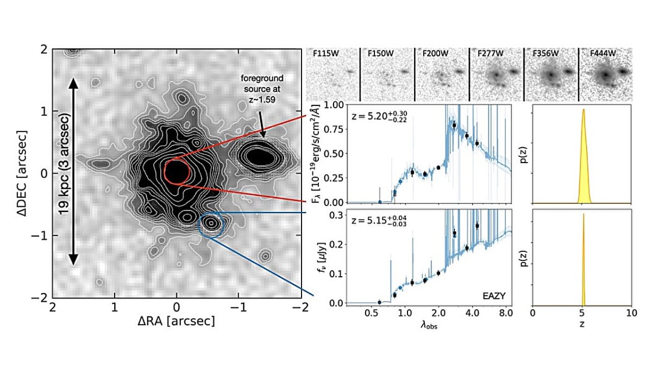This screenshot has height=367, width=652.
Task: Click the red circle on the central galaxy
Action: click(x=176, y=171)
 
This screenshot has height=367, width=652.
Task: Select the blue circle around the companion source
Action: click(x=211, y=224)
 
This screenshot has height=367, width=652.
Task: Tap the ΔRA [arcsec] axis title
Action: click(x=176, y=321)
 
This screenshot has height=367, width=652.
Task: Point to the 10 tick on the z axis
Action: click(x=630, y=314)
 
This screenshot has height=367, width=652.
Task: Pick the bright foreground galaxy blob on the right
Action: click(x=260, y=157)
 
